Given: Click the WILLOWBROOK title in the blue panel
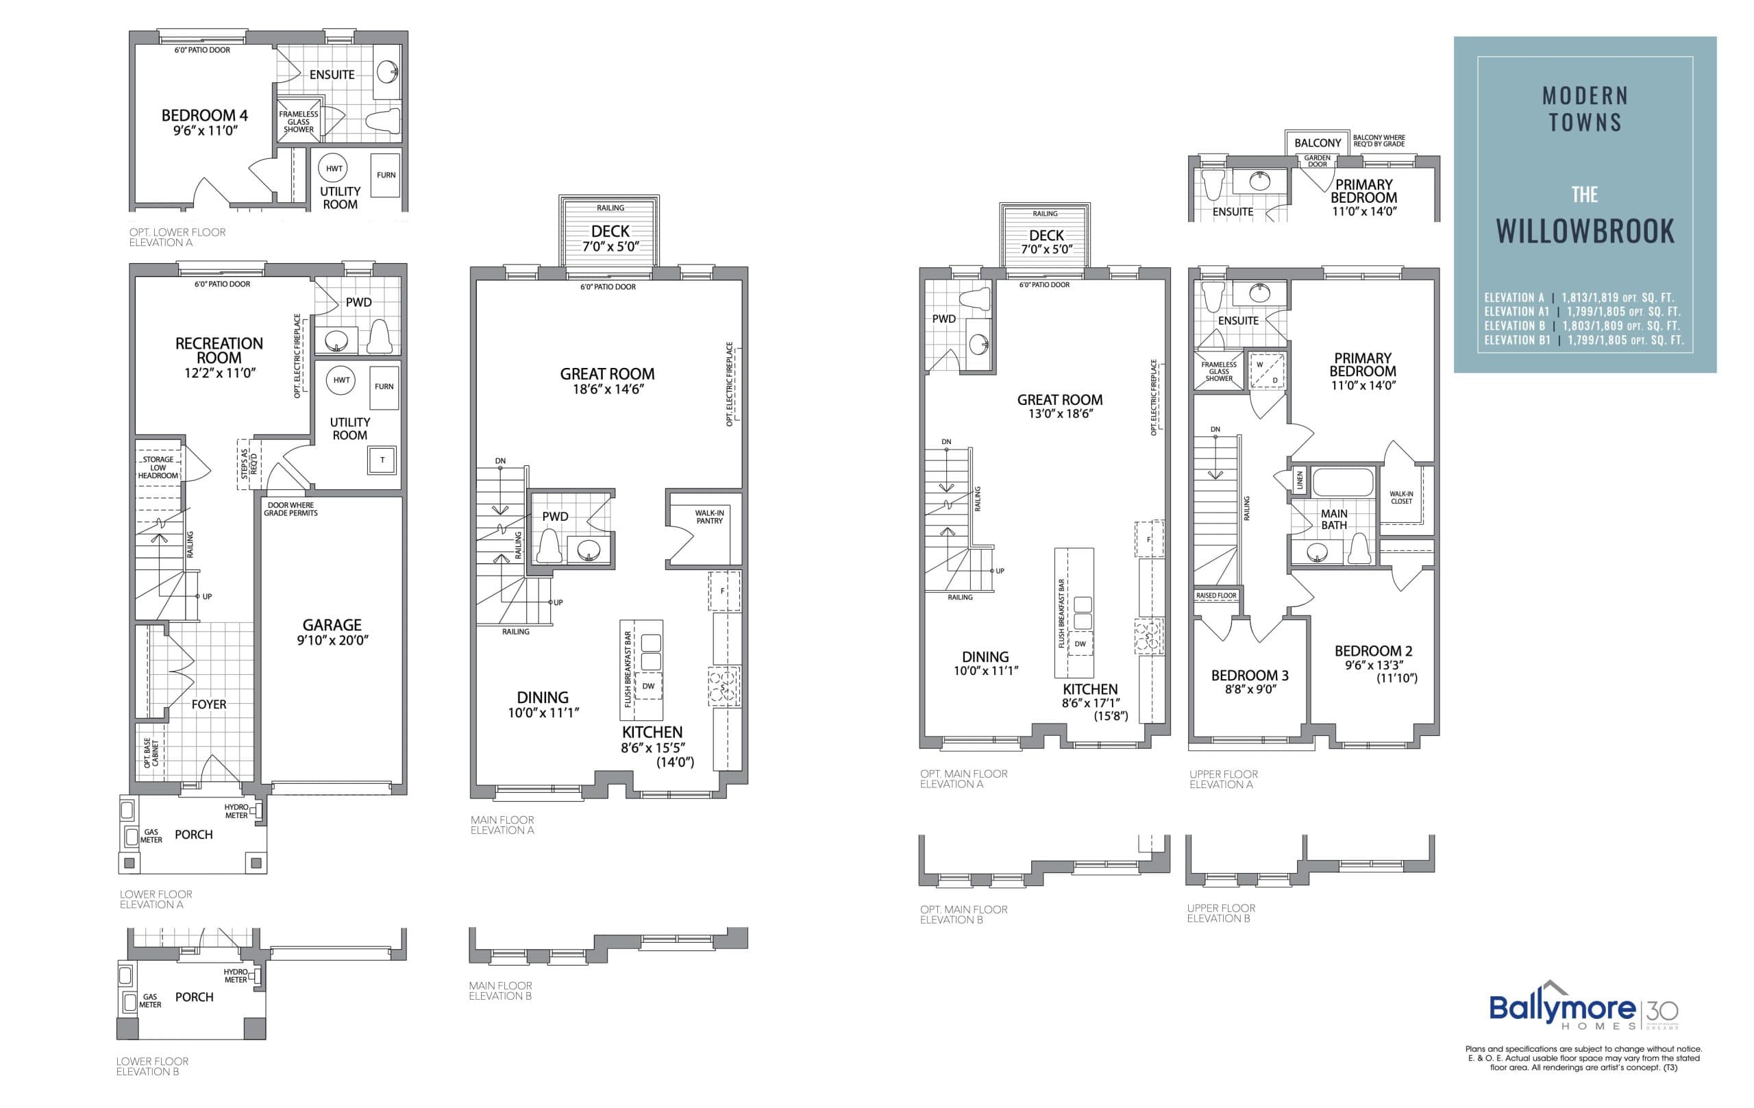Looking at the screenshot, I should [1585, 231].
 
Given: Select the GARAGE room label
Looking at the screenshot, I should [332, 625].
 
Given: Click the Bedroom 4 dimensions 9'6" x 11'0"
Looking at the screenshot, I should [206, 131].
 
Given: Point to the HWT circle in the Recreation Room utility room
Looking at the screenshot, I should [341, 380].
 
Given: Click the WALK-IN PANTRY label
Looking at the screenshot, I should [708, 517].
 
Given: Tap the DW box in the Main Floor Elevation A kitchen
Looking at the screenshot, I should [647, 686].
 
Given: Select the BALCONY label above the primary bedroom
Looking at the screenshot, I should [1317, 143].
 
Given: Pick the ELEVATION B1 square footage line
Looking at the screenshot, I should [1583, 340].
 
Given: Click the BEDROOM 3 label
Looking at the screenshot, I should [1249, 676].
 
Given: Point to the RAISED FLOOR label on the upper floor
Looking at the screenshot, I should [1215, 596].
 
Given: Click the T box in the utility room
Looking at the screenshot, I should [382, 460].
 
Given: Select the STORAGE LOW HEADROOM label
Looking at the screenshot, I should [158, 468].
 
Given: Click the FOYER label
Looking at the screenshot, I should [208, 704].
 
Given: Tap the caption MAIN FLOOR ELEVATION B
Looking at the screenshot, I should [500, 991].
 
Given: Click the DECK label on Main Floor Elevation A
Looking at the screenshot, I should [610, 232].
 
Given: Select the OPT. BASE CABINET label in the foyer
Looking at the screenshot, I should [151, 753].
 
